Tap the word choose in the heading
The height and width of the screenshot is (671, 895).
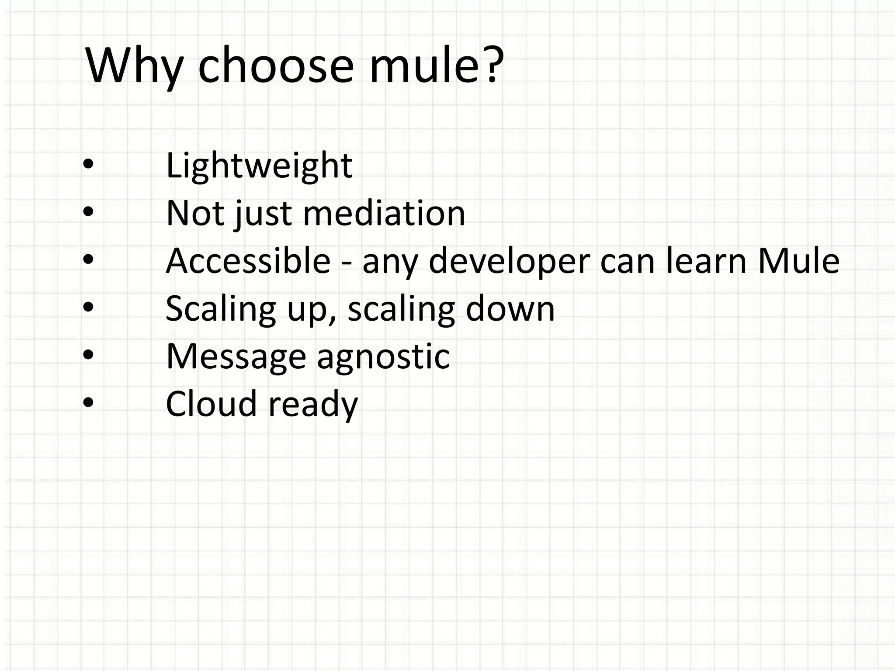275,66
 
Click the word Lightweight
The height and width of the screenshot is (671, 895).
259,166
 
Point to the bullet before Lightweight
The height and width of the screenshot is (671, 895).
88,164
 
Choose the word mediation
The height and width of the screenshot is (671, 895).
384,214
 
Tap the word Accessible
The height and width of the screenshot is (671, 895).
248,261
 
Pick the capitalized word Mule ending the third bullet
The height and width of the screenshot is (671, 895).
798,261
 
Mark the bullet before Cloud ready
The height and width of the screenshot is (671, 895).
88,403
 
